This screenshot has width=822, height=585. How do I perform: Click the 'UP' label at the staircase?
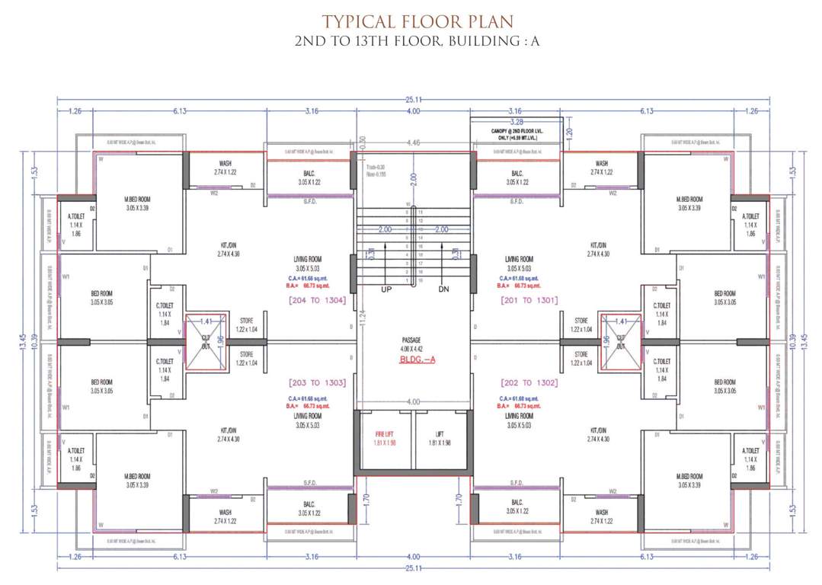pos(386,289)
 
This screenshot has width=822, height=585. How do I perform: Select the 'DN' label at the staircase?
pos(444,289)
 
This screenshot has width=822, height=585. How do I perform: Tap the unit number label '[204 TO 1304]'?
pos(318,300)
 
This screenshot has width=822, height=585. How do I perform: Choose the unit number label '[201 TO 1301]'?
pos(529,300)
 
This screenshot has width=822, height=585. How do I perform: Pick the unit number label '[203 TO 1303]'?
pos(318,382)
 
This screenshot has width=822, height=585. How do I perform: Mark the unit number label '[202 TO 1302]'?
pos(529,382)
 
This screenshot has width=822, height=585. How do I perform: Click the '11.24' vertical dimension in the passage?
pos(363,326)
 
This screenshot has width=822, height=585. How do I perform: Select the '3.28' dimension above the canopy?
pos(516,122)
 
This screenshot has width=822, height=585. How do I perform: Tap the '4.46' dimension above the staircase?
pos(414,142)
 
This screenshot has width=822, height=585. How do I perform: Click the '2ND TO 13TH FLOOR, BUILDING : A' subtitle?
pos(417,41)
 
